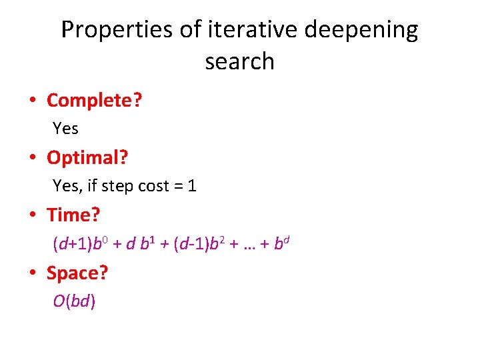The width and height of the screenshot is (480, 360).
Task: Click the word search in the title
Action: [x=240, y=61]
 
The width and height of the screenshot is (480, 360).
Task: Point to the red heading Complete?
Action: [x=95, y=101]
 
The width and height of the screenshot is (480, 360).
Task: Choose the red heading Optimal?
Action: [x=87, y=158]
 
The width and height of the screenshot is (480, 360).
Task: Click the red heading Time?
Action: [x=73, y=215]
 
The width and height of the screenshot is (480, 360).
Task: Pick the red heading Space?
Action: [x=77, y=273]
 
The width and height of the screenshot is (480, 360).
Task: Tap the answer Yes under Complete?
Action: [x=65, y=128]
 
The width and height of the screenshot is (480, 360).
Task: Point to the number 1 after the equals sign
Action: [x=192, y=186]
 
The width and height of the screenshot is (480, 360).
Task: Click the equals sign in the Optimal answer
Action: [x=178, y=186]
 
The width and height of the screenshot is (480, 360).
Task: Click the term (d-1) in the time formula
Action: [x=190, y=243]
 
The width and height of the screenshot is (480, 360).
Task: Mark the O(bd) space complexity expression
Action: [x=75, y=301]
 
